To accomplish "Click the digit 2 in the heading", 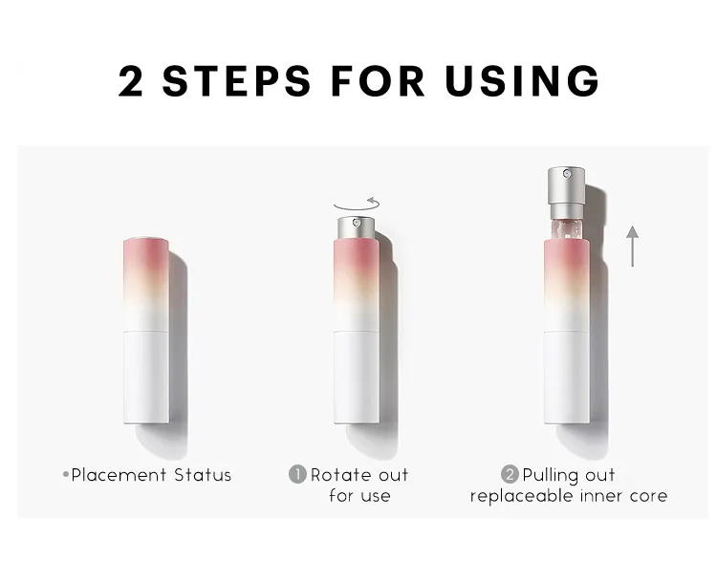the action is (131, 81).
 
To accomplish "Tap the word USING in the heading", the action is (522, 81).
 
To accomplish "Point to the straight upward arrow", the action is (633, 246).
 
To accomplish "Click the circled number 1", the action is (297, 474).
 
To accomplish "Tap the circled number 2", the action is (510, 474).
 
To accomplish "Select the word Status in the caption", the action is (203, 475).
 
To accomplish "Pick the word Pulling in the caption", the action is (547, 476).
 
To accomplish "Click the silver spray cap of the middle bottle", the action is (357, 227).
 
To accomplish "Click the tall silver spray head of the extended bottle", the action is (567, 193).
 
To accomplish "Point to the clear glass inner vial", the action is (567, 229).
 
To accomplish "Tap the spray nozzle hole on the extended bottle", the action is (567, 174).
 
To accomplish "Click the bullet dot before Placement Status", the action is (66, 475).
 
